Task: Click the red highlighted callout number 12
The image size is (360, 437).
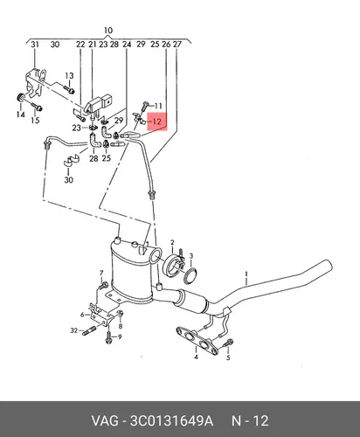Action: pos(157,121)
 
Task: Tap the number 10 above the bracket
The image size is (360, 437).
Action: pos(108,31)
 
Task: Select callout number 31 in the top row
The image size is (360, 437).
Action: pos(35,45)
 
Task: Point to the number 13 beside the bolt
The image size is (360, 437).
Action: pos(69,76)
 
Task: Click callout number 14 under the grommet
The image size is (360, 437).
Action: pos(20,114)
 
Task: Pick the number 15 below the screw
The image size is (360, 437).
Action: pos(35,120)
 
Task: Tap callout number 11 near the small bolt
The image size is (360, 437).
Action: pos(158,106)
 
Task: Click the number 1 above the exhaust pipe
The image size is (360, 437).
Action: pos(246,274)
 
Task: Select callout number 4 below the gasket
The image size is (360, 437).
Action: pos(197,357)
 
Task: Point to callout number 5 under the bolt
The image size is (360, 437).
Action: pos(228,357)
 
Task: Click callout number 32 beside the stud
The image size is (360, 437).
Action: pos(74,330)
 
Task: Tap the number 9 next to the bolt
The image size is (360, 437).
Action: pos(120,337)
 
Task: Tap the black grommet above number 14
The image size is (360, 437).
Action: pos(20,97)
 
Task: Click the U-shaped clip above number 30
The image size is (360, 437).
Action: pos(72,160)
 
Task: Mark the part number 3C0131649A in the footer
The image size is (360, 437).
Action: pos(171,421)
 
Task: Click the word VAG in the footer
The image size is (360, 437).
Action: pos(105,421)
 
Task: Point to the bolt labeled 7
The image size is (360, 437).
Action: pos(103,285)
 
